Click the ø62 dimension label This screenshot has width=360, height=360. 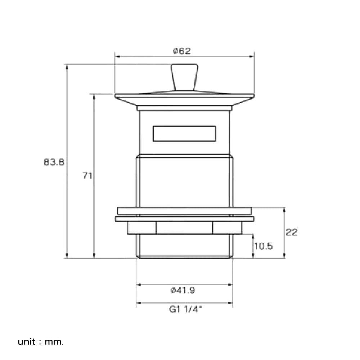[182, 51]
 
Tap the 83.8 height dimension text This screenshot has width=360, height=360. [54, 162]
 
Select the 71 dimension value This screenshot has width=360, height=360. [87, 176]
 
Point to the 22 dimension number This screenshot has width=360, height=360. [291, 232]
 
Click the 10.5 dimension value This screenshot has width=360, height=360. [264, 246]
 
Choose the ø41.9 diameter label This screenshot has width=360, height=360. [183, 291]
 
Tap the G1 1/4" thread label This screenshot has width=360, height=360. [185, 309]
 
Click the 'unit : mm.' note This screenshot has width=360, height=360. [40, 342]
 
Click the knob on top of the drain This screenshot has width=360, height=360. [184, 77]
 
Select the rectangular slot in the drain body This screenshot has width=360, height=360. [184, 134]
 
